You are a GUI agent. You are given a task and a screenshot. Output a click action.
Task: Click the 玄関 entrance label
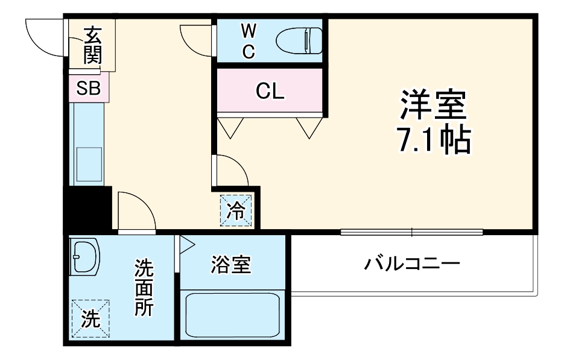pyautogui.click(x=92, y=46)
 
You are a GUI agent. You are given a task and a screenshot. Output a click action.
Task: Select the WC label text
pyautogui.click(x=248, y=41)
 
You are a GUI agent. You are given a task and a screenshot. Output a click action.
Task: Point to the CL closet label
pyautogui.click(x=269, y=92)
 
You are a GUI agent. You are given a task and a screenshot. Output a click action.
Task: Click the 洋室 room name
pyautogui.click(x=433, y=106)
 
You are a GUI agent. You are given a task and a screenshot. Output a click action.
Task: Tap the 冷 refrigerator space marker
pyautogui.click(x=236, y=210)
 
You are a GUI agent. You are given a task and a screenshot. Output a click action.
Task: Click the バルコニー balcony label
pyautogui.click(x=412, y=264)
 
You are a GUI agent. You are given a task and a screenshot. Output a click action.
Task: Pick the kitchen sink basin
pyautogui.click(x=89, y=159)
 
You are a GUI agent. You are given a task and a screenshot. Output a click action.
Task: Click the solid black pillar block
pyautogui.click(x=87, y=207)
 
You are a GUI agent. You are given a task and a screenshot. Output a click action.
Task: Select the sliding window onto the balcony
pyautogui.click(x=411, y=232)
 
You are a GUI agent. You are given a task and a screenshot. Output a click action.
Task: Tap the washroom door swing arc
pyautogui.click(x=136, y=211)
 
